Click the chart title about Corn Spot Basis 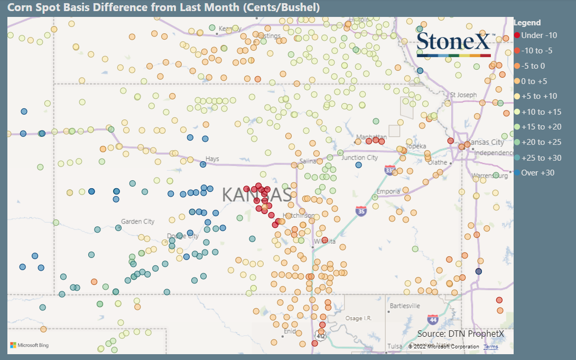tap(163, 8)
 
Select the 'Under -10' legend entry tap(539, 35)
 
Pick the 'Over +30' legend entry tap(537, 173)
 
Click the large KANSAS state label tap(257, 195)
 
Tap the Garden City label tap(137, 221)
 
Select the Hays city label tap(212, 159)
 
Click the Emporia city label tap(387, 191)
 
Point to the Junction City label tap(359, 158)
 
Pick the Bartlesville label tap(404, 306)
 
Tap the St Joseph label tap(463, 95)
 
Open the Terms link tap(490, 347)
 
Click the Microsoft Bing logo tap(29, 345)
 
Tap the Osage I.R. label tap(361, 318)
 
